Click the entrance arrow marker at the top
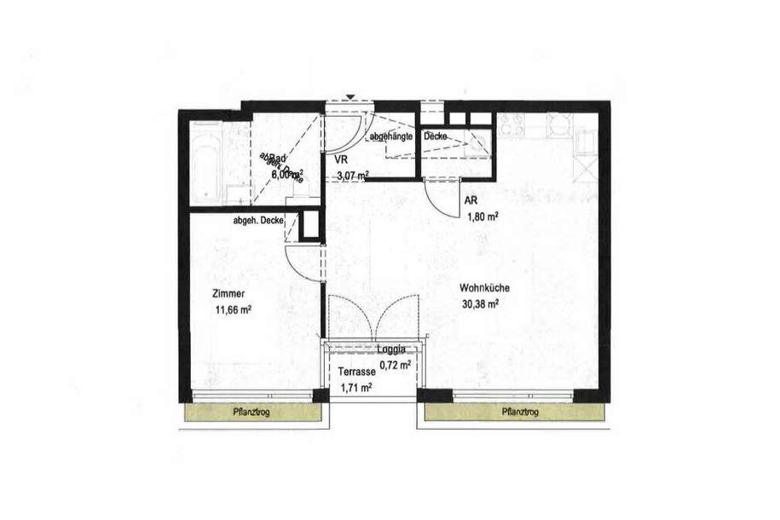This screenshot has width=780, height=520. (x=350, y=96)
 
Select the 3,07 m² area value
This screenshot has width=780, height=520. (x=351, y=176)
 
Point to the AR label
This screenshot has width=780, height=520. (x=471, y=200)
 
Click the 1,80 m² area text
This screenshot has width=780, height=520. (x=481, y=216)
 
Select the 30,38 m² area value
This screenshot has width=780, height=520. (x=480, y=303)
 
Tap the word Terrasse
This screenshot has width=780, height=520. (x=355, y=372)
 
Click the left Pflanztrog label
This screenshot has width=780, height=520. (x=252, y=413)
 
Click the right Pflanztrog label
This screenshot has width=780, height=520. (x=520, y=413)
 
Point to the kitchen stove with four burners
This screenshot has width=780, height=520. (x=512, y=126)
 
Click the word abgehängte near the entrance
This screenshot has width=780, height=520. (x=391, y=136)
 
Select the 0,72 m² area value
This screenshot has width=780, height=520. (x=395, y=364)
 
